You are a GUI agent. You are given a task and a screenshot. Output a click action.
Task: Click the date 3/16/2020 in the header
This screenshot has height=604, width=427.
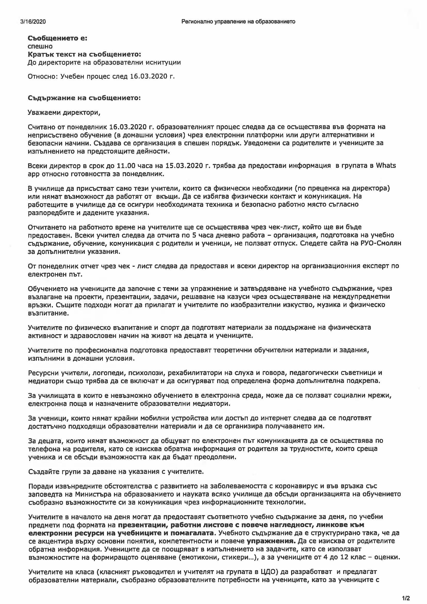pyautogui.click(x=33, y=22)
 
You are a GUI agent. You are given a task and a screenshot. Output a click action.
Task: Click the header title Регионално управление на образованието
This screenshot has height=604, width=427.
pyautogui.click(x=238, y=22)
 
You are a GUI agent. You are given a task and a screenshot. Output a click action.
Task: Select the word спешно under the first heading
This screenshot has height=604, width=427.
pyautogui.click(x=40, y=46)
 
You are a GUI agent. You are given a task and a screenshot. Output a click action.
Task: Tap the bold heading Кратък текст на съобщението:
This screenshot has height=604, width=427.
pyautogui.click(x=84, y=54)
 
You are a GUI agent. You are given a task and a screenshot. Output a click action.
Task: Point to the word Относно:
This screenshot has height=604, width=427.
pyautogui.click(x=43, y=76)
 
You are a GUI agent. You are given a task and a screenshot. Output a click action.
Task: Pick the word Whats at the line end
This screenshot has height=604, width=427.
pyautogui.click(x=386, y=166)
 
